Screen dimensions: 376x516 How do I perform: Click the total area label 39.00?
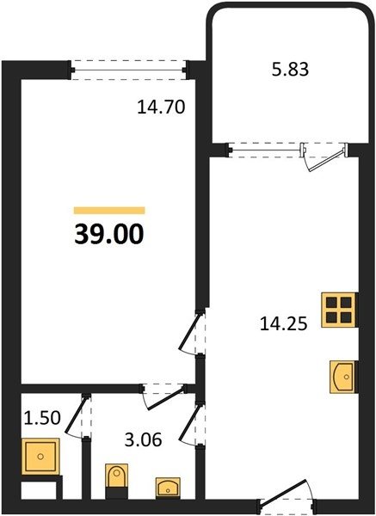tap(109, 234)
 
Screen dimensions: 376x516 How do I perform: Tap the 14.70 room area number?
tap(161, 107)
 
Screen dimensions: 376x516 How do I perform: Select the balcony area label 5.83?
tap(291, 70)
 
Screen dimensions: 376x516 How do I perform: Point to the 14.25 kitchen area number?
tap(283, 324)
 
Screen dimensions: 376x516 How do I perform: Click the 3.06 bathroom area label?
tap(143, 439)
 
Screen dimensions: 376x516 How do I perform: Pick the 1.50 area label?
tap(42, 418)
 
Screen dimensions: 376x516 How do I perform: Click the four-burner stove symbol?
tap(339, 310)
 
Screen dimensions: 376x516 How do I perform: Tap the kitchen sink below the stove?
tap(342, 377)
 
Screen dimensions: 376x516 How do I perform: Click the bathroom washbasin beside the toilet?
tap(168, 487)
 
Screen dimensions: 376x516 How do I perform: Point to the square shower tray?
tap(40, 457)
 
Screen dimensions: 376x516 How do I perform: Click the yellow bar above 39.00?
tap(109, 211)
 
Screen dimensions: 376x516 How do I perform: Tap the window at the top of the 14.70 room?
tap(129, 70)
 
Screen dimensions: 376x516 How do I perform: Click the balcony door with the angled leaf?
tap(325, 157)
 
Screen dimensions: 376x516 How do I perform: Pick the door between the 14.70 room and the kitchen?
tap(193, 333)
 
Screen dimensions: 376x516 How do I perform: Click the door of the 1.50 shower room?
tap(78, 416)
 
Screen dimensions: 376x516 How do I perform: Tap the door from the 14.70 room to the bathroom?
tap(163, 396)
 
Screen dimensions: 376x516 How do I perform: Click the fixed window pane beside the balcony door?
tap(265, 150)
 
